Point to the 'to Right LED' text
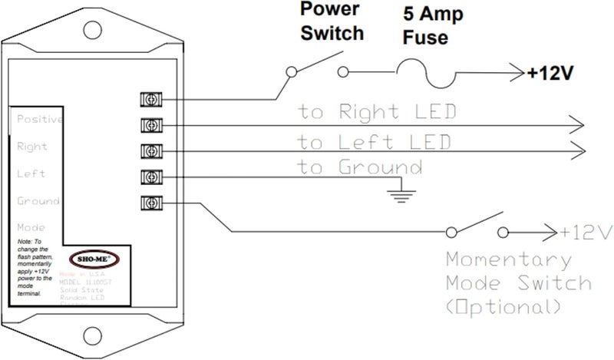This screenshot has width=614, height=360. (378, 112)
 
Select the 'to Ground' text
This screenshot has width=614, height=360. (360, 167)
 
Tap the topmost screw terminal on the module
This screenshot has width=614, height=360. (152, 99)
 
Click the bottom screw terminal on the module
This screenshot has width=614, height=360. (152, 203)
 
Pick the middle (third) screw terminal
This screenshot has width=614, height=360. (152, 151)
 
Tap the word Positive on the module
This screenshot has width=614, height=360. (39, 120)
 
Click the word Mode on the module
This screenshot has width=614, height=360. (31, 228)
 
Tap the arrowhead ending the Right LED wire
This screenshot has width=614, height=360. (576, 124)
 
